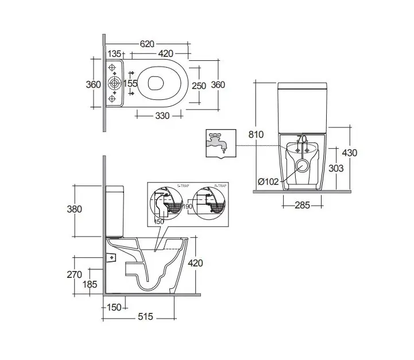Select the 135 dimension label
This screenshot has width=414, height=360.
click(x=115, y=54)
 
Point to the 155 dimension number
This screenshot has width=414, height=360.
click(x=130, y=84)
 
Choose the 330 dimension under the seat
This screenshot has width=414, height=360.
click(x=162, y=116)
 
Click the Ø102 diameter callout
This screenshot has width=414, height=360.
click(x=269, y=182)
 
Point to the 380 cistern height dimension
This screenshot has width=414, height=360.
click(x=75, y=209)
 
